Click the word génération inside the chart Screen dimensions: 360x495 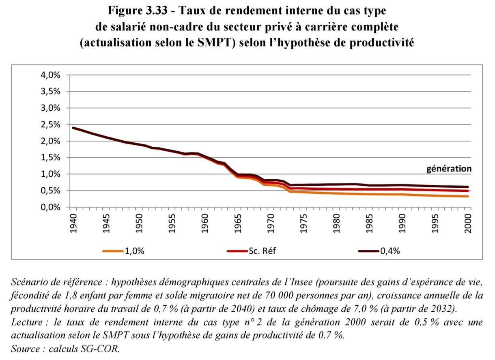pyautogui.click(x=449, y=169)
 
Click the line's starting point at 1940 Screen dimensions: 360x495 pyautogui.click(x=73, y=128)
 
